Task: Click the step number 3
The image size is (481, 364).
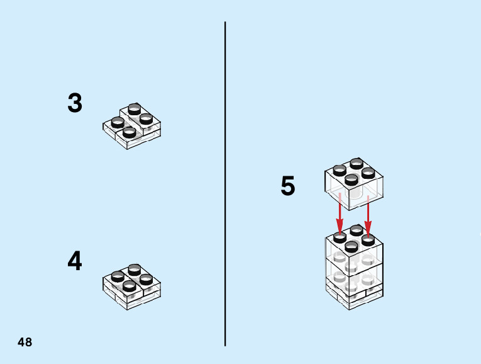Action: pos(75,103)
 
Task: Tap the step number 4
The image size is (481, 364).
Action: pos(75,261)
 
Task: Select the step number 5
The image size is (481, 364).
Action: pos(288,187)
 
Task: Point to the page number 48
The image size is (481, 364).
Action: pos(25,343)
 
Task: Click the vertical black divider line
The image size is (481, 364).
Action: pos(225,183)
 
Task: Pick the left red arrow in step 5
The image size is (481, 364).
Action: pos(340,214)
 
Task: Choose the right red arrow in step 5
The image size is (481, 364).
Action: pos(368,214)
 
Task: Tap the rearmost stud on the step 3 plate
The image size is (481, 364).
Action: pos(133,109)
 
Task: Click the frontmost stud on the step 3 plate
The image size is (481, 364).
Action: pos(129,132)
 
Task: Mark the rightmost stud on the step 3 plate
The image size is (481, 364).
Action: pos(146,118)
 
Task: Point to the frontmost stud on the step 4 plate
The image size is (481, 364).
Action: pos(129,285)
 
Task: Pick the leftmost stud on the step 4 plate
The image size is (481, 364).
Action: pos(116,276)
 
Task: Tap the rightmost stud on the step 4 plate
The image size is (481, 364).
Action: pos(146,278)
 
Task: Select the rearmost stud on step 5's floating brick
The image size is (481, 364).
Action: pos(356,164)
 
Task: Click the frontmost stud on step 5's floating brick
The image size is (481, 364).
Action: pos(351,179)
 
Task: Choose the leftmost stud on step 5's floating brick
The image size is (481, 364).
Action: pos(340,169)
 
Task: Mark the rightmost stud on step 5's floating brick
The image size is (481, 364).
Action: pos(368,172)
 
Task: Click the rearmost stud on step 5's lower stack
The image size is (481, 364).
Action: pos(357,230)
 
